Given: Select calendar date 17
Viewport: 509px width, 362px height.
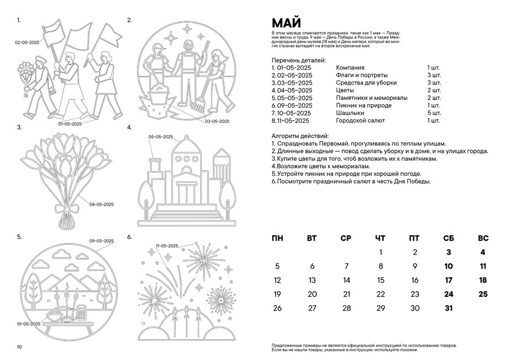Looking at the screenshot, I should tap(448, 280).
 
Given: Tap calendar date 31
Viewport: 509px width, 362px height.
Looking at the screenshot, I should tap(448, 308).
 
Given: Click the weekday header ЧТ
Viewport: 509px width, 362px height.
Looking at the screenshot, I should tap(380, 238).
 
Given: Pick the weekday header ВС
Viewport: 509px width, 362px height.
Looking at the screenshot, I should tap(483, 238).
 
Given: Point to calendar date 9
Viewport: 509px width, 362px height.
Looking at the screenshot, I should tap(415, 266).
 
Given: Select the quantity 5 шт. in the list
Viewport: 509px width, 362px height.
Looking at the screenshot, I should tap(434, 113).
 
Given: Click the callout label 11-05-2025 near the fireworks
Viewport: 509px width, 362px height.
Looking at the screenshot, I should tap(167, 245).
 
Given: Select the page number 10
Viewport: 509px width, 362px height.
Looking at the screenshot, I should tap(19, 347).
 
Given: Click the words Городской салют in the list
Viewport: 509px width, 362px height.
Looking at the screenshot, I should tap(360, 121).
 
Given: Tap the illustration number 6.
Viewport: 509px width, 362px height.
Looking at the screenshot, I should tap(130, 236).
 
